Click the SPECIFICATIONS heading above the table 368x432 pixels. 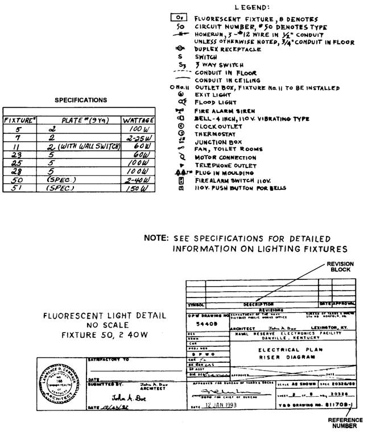(x=80, y=100)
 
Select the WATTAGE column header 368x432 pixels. (x=139, y=120)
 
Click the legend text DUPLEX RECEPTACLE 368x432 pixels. (x=228, y=49)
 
